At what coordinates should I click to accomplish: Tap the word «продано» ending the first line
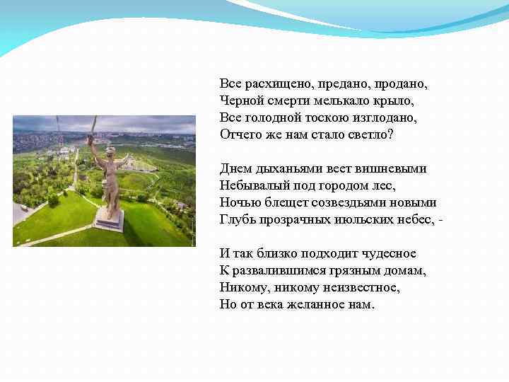point(403,84)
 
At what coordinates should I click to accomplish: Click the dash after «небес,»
point(441,220)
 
